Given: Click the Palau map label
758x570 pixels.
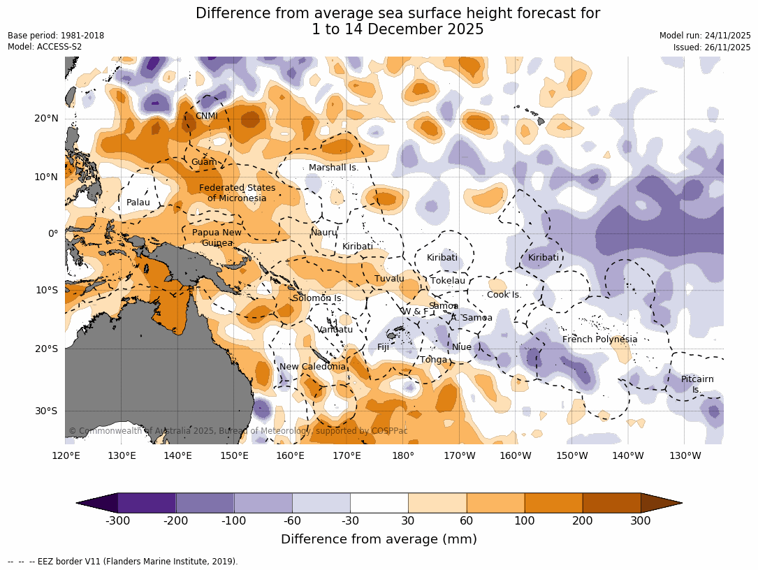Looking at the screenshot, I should [138, 203].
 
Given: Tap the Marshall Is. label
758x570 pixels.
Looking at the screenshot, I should [333, 168].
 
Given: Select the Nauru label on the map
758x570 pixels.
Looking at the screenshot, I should [323, 232].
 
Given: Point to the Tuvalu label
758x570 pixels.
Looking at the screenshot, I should [389, 279].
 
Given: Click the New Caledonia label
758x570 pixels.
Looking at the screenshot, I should [312, 367].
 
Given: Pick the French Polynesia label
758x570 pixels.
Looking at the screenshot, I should [599, 339].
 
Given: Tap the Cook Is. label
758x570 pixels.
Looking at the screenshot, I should [504, 295].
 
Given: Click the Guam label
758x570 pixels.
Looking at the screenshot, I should [203, 162].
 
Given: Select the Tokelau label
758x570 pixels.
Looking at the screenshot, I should [447, 281].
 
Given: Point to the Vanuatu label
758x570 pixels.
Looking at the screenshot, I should [335, 330].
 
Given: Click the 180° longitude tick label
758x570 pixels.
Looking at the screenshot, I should [403, 456].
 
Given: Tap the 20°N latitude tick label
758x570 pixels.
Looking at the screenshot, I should [46, 118].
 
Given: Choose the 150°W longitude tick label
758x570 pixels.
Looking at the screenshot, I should [572, 456].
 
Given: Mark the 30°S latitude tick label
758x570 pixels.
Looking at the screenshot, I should [46, 411].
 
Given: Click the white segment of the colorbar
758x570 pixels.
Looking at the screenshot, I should [379, 503].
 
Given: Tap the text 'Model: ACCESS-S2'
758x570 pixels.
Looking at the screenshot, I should [45, 47].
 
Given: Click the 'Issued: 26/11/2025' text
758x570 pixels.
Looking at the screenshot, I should [712, 47].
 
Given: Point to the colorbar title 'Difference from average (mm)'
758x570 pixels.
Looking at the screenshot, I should [379, 539].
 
